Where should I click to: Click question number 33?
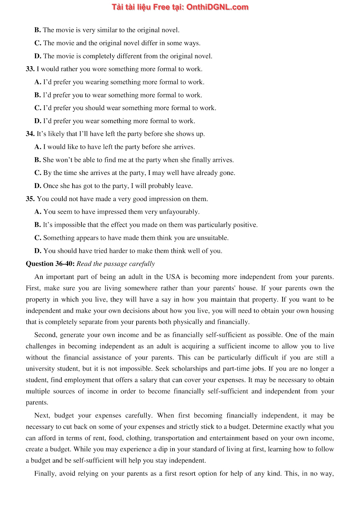click(30, 69)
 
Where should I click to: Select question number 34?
click(30, 134)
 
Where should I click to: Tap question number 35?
click(30, 199)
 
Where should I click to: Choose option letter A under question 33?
click(38, 82)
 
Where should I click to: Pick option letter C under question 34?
click(38, 173)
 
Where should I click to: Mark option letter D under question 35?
click(38, 251)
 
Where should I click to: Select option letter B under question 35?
click(37, 225)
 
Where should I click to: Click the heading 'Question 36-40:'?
click(50, 264)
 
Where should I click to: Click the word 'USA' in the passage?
click(173, 277)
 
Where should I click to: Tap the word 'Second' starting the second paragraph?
click(45, 335)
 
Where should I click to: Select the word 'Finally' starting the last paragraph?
click(45, 474)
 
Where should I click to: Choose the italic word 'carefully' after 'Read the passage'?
click(142, 264)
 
